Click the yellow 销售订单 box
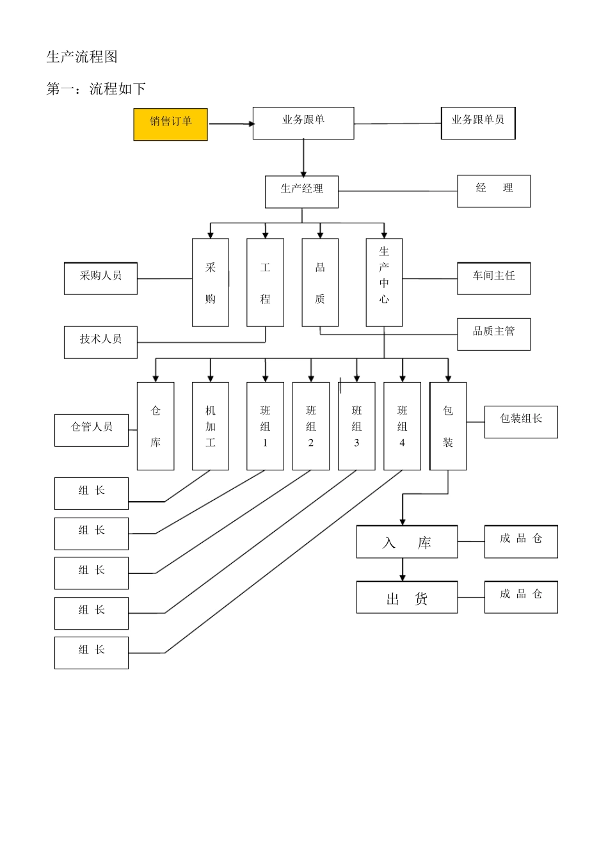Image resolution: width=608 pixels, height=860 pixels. tap(170, 124)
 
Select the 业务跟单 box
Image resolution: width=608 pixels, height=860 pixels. tap(303, 123)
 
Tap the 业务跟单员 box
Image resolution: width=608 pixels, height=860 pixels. tap(478, 123)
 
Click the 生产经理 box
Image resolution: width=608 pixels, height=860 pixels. tap(301, 191)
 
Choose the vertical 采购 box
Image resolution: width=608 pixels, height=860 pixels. tap(211, 282)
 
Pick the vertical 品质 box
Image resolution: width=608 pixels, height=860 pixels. tap(320, 282)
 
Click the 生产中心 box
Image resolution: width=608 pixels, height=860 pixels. tap(384, 282)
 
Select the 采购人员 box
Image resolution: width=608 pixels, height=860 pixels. tap(100, 278)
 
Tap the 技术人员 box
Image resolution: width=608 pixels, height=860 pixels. tap(100, 342)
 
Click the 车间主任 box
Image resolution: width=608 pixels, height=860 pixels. tap(493, 278)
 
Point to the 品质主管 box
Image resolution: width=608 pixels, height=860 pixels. tap(493, 334)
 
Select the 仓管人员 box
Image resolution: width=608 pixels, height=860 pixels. tap(92, 430)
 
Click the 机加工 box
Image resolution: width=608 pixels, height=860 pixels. tap(211, 426)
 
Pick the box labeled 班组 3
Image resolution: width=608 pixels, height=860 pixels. tap(356, 426)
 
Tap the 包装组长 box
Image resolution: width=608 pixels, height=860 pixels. tap(521, 422)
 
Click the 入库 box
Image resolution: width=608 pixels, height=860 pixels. tap(407, 542)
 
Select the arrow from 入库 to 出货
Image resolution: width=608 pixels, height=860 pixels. tap(403, 569)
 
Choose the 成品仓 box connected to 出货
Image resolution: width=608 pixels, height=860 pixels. tap(521, 597)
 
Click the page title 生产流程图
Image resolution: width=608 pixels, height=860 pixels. tap(82, 57)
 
